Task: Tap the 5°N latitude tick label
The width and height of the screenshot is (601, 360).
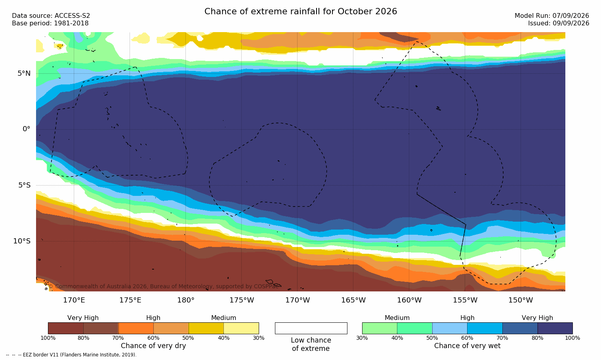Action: (24, 73)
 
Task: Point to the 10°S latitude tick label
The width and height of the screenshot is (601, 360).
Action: (22, 241)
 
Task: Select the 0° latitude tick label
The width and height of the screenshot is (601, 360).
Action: (27, 129)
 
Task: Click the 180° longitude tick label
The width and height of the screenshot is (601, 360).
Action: (186, 300)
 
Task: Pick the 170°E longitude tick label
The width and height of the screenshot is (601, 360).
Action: (74, 300)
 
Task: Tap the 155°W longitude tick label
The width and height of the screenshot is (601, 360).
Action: (465, 300)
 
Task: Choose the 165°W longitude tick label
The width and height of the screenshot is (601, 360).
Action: (353, 300)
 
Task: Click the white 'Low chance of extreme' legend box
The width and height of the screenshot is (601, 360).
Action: (311, 328)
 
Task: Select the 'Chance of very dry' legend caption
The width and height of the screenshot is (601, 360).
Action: (153, 346)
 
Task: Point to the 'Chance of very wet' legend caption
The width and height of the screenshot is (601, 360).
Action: (467, 346)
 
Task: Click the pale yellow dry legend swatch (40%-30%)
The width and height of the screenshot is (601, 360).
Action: (241, 328)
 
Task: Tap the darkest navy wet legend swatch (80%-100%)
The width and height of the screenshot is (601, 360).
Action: (555, 328)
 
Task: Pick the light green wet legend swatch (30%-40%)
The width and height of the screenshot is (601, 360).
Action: (380, 328)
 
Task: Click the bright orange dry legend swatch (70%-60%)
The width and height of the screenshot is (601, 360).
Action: (136, 328)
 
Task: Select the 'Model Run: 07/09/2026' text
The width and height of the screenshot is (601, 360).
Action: (551, 16)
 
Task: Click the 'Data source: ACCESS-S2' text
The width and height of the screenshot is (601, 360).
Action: (51, 16)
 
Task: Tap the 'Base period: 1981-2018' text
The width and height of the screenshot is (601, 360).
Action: (50, 23)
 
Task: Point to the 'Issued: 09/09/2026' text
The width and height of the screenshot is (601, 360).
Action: (559, 23)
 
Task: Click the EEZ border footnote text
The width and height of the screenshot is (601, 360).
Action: (71, 355)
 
